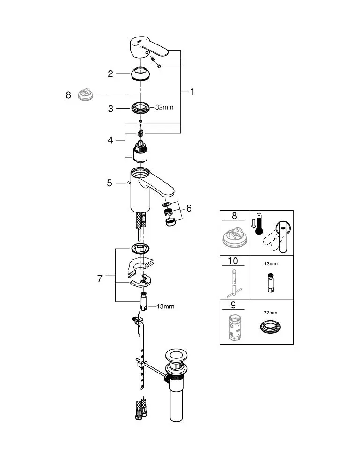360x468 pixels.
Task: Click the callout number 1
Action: point(192,92)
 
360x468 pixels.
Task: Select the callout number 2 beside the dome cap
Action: point(110,73)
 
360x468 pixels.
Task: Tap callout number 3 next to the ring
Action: point(110,109)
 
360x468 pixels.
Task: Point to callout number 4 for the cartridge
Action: point(110,139)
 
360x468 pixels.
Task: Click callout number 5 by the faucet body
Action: point(110,183)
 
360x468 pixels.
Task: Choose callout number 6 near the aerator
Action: point(189,208)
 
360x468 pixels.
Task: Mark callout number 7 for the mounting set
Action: point(100,279)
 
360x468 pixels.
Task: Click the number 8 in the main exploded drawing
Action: point(68,95)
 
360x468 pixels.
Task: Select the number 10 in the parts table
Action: point(233,261)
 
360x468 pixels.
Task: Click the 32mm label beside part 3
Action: point(164,107)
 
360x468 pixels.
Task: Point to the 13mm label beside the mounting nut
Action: point(165,307)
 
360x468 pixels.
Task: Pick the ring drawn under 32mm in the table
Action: point(271,326)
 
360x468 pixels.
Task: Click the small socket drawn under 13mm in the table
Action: point(270,283)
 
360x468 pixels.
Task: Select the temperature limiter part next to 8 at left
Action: point(86,95)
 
